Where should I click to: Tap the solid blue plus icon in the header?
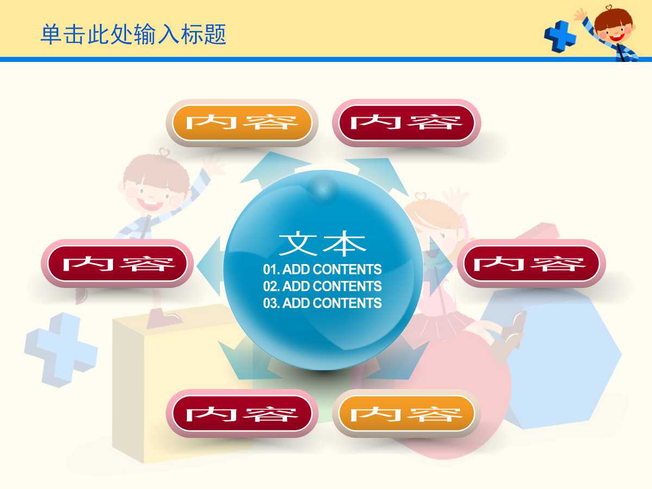pos(560,36)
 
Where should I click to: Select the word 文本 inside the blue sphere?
pos(323,244)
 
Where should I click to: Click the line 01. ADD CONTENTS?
pos(323,269)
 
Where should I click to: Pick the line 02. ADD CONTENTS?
pos(323,286)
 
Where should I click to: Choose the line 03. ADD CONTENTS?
pos(323,303)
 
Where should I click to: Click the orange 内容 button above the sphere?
pos(242,123)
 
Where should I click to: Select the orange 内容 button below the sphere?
pos(406,414)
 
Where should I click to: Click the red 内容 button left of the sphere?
pos(117,264)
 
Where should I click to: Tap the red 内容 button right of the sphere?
pos(530,264)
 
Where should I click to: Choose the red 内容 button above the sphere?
pos(406,123)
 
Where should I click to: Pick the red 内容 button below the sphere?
pos(242,414)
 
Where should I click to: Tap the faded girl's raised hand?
pos(456,198)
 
